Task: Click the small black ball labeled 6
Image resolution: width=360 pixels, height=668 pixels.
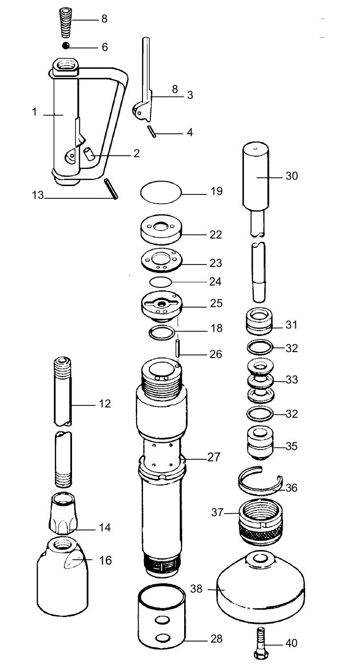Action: [x=65, y=46]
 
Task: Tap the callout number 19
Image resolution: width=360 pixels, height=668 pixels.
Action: [x=216, y=191]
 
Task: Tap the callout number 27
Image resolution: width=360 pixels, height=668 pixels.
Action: [x=214, y=457]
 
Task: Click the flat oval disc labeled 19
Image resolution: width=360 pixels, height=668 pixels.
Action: [x=161, y=191]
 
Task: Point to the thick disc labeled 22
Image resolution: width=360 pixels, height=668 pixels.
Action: [x=161, y=231]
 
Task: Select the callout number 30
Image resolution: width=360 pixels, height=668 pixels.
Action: [x=291, y=175]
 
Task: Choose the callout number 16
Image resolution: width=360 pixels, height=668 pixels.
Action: [x=105, y=560]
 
